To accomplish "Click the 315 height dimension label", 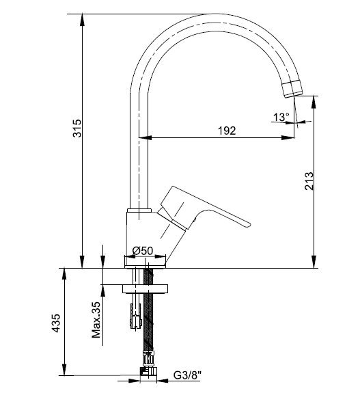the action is tap(77, 128).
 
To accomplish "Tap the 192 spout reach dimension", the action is tap(227, 131).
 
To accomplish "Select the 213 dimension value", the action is tap(309, 181).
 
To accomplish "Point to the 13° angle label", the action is tap(281, 117).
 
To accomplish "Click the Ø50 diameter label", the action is tap(143, 250).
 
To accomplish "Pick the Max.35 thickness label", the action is tap(96, 320).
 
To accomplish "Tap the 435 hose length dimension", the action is tap(55, 323).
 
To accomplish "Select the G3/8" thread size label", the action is tap(188, 375).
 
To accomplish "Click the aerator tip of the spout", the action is tap(292, 88).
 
